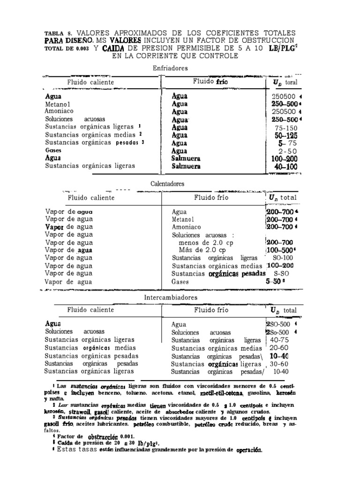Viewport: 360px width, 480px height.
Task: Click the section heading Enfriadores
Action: (x=170, y=68)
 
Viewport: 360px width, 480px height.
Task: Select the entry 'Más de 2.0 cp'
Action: (x=199, y=250)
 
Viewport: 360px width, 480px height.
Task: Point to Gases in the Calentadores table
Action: (x=180, y=282)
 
